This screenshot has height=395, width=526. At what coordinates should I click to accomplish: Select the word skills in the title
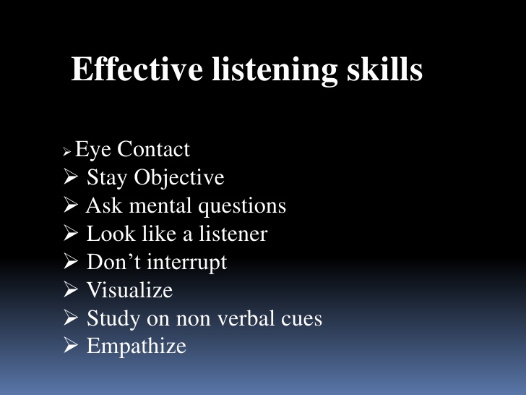382,71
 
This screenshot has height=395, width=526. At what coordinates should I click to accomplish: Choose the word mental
150,206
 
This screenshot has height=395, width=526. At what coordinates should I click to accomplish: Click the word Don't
112,262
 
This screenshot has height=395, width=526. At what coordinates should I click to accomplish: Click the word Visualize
129,290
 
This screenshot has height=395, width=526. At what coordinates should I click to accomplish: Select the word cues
300,318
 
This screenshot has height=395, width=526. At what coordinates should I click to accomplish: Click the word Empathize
136,347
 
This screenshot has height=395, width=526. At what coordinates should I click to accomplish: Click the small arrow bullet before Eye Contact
67,153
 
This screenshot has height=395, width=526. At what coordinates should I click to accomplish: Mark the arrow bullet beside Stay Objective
71,178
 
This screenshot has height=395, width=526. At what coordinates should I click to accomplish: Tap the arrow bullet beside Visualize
71,290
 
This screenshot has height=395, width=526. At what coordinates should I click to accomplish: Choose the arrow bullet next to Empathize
71,346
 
